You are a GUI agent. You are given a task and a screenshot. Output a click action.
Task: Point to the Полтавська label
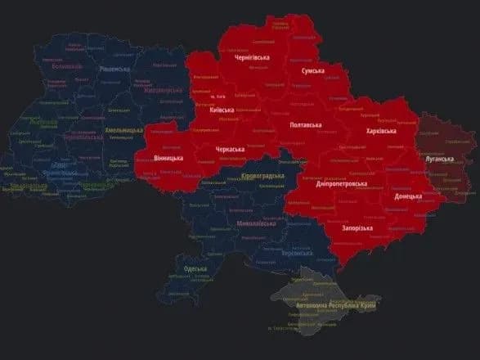pyautogui.click(x=306, y=125)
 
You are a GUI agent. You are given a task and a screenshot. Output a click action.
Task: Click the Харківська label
pyautogui.click(x=382, y=130)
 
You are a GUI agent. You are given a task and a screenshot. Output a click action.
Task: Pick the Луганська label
pyautogui.click(x=439, y=159)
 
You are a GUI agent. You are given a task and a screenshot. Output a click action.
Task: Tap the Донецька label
pyautogui.click(x=407, y=196)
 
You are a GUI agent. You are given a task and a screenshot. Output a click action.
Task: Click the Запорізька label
pyautogui.click(x=357, y=228)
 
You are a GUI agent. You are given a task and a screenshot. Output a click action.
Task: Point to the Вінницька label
pyautogui.click(x=168, y=156)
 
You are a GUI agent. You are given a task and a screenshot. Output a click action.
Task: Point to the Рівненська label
pyautogui.click(x=110, y=71)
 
